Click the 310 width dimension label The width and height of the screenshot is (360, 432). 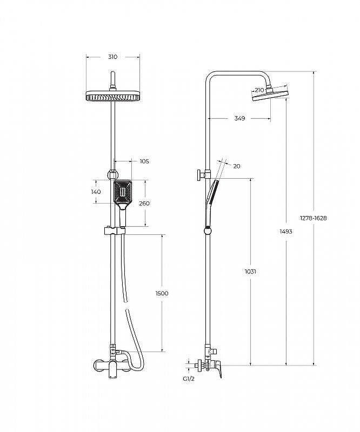(112, 57)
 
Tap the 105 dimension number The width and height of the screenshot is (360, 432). (144, 161)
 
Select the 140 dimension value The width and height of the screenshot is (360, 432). (96, 192)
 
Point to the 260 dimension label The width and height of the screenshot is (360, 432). (144, 204)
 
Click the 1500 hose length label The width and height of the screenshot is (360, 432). (162, 293)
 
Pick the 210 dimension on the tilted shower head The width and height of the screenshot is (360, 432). (259, 90)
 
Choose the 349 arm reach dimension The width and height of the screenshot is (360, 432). (239, 118)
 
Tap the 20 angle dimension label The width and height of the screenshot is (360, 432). (237, 166)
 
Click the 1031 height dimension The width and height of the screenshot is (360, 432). (250, 272)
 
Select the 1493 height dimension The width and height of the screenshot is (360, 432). (286, 232)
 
